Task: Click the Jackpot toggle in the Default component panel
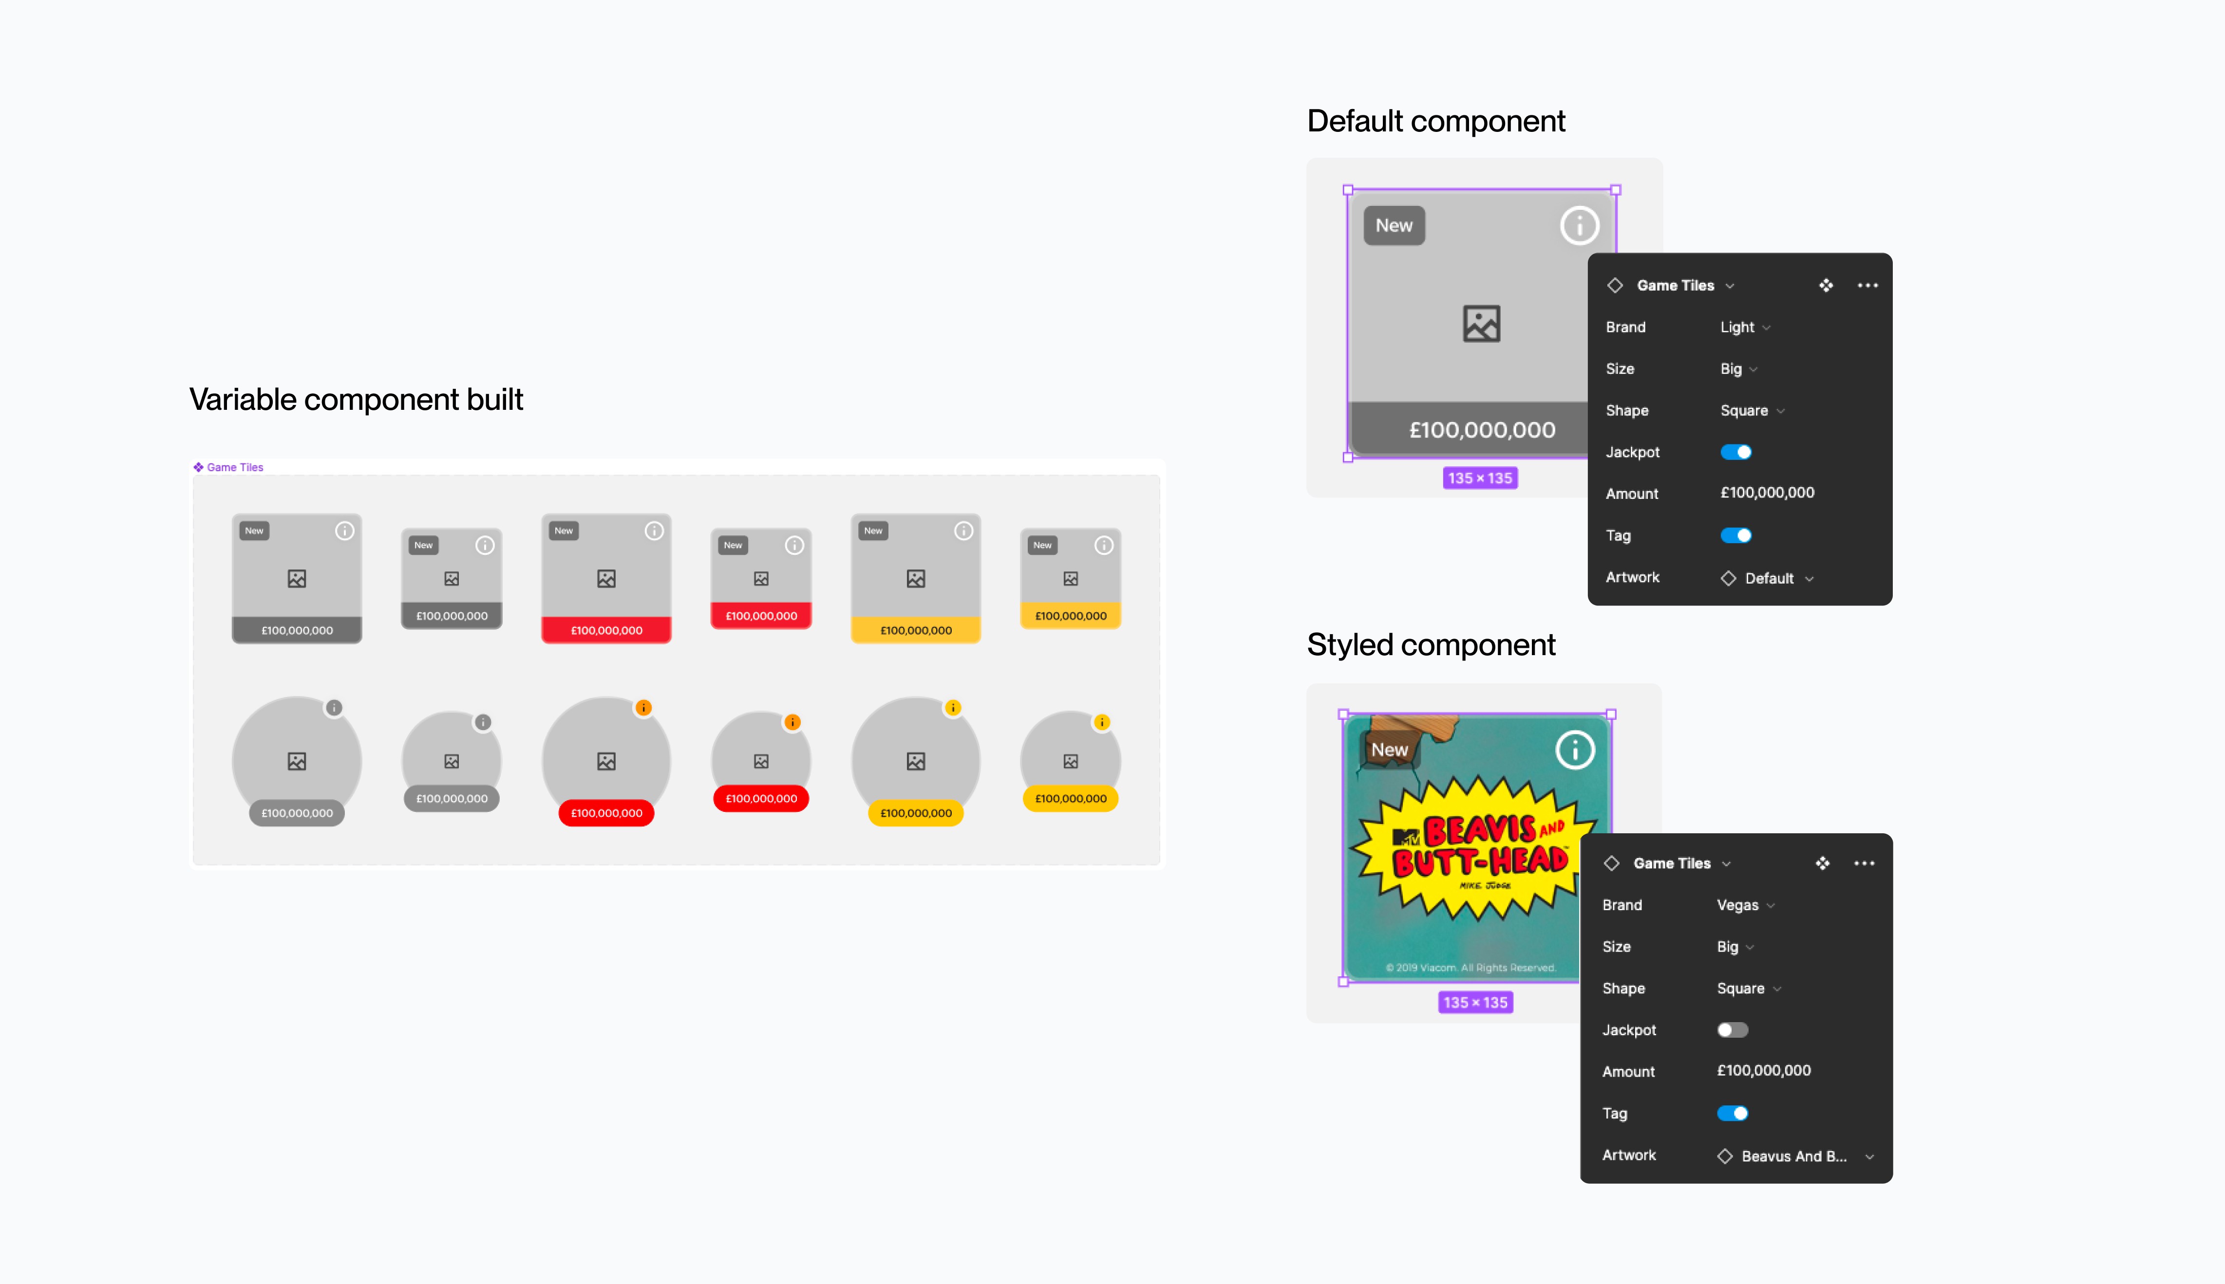point(1735,452)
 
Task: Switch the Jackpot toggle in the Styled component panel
point(1732,1030)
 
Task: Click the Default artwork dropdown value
point(1769,579)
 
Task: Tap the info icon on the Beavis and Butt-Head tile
point(1575,751)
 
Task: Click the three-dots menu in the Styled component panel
point(1863,863)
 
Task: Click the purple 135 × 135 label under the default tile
point(1479,478)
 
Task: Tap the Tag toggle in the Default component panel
point(1735,535)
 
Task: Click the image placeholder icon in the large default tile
point(1481,324)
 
